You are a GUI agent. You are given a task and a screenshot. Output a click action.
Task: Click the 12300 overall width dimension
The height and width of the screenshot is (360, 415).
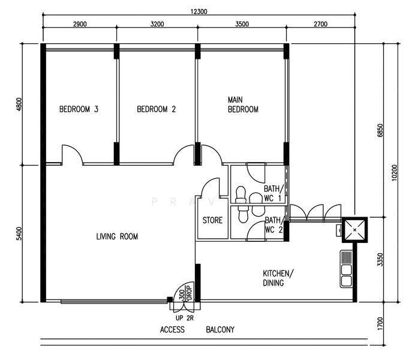click(x=199, y=11)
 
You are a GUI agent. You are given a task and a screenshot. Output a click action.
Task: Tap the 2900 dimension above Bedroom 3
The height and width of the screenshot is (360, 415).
click(x=80, y=24)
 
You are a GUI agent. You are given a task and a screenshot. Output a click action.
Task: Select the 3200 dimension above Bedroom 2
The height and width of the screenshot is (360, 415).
click(x=157, y=24)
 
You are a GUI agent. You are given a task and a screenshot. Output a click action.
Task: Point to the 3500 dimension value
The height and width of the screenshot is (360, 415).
click(x=242, y=24)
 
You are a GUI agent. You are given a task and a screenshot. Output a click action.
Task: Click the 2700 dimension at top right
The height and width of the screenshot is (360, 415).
click(x=320, y=24)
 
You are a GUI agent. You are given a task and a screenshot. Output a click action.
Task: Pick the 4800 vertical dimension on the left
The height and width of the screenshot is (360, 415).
click(x=19, y=104)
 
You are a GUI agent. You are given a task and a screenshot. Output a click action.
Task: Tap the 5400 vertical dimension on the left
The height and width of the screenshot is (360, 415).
click(x=19, y=234)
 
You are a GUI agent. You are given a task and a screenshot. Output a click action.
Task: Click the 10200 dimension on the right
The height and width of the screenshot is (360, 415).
click(x=395, y=173)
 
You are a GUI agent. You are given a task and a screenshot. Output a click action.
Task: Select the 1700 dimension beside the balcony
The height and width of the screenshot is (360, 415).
click(x=380, y=323)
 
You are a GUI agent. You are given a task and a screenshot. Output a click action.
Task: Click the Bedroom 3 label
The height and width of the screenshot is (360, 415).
click(x=79, y=109)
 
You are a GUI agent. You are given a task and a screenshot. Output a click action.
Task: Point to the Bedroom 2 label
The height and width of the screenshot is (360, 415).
click(x=156, y=109)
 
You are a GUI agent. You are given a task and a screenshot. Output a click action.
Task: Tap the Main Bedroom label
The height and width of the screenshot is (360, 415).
click(x=243, y=104)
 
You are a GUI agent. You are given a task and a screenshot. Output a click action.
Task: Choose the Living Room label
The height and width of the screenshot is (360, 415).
click(x=117, y=236)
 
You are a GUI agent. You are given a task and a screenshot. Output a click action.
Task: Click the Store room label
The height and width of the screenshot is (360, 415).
click(x=212, y=220)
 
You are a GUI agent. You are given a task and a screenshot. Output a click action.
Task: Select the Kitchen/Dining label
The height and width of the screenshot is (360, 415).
click(x=278, y=278)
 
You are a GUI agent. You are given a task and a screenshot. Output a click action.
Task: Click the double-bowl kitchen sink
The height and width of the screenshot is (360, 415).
click(x=346, y=269)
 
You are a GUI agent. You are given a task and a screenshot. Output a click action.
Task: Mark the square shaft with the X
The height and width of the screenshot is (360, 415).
click(x=354, y=230)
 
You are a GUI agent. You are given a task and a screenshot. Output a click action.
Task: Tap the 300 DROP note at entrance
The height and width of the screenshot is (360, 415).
click(x=185, y=292)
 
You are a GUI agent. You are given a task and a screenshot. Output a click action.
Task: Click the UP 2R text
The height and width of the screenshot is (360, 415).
click(x=185, y=318)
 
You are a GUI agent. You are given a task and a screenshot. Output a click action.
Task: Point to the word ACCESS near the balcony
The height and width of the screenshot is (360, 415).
click(x=172, y=329)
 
